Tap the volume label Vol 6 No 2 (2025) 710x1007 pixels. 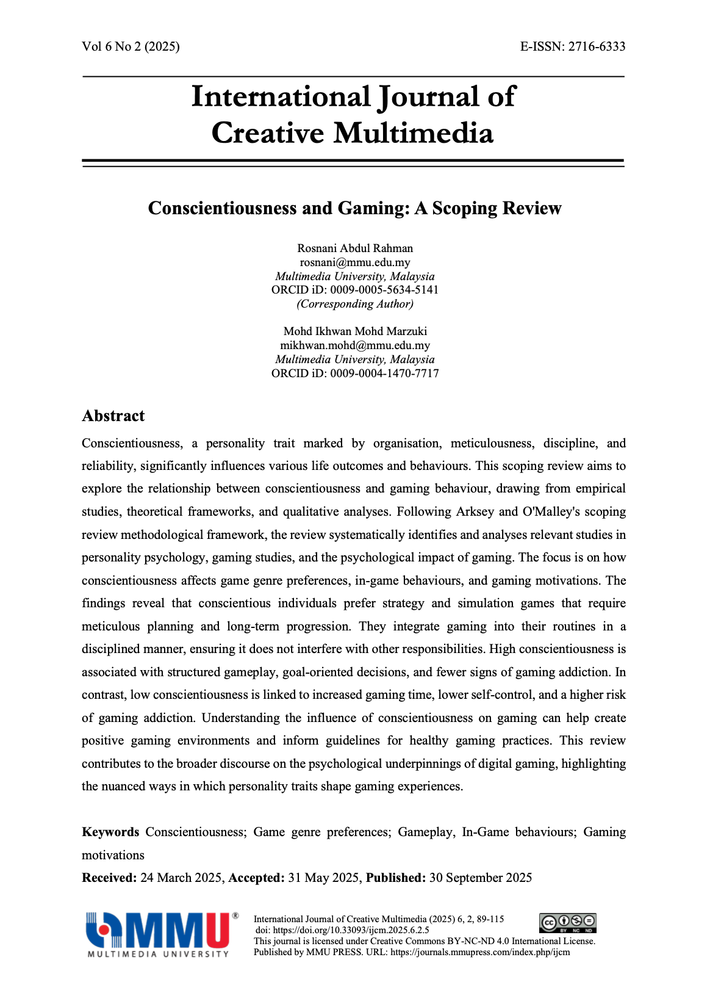point(131,47)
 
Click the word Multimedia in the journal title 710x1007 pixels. point(414,133)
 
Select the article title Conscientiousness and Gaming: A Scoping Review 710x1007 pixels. point(354,208)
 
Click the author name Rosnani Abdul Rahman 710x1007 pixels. point(355,248)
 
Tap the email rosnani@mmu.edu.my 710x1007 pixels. point(355,262)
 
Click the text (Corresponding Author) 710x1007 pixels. point(355,304)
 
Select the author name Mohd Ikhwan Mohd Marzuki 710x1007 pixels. point(355,331)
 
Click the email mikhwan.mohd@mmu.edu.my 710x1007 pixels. point(355,345)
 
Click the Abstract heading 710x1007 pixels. point(113,416)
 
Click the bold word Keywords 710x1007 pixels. point(110,832)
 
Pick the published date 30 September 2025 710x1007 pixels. point(481,878)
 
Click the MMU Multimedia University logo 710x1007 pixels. point(160,934)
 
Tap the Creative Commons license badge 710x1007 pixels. point(567,923)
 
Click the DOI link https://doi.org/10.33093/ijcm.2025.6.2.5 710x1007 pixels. point(351,930)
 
